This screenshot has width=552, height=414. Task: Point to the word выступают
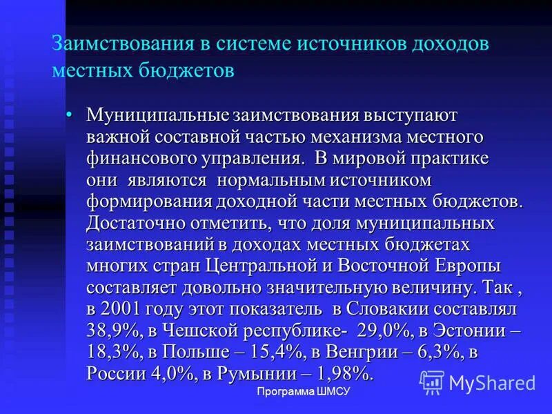(x=415, y=115)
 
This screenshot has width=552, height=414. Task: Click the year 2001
(x=122, y=310)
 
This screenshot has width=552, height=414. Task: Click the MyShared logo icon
(x=432, y=382)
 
